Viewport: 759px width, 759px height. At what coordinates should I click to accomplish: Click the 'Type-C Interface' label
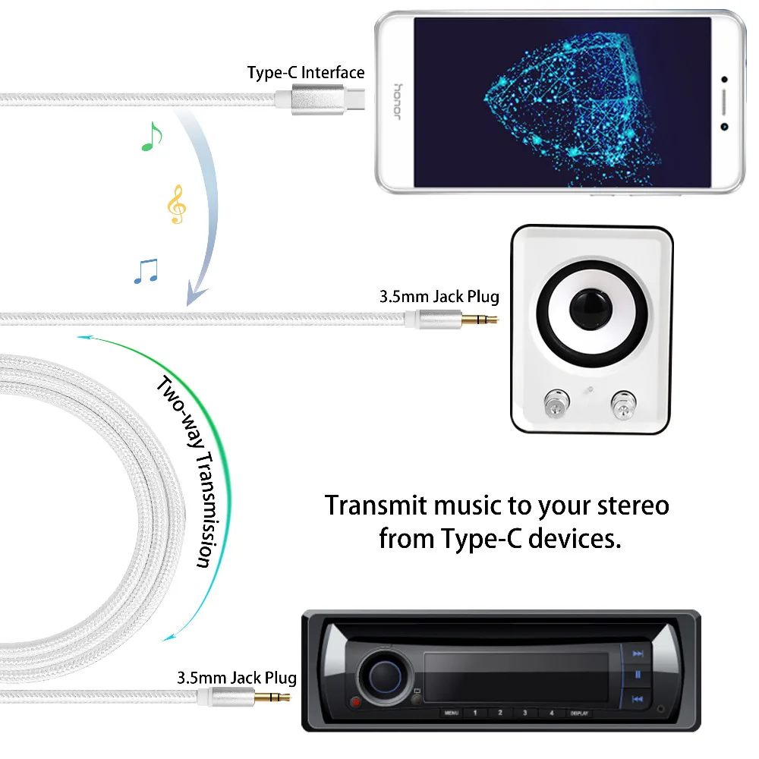point(306,73)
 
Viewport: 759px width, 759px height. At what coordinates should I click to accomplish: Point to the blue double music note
point(146,271)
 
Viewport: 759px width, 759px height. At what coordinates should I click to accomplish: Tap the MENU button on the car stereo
point(452,713)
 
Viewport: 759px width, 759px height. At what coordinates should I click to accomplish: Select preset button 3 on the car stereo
point(524,713)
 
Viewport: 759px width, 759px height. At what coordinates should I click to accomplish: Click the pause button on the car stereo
point(638,675)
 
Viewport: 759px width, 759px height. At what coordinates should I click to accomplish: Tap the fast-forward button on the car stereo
point(638,653)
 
